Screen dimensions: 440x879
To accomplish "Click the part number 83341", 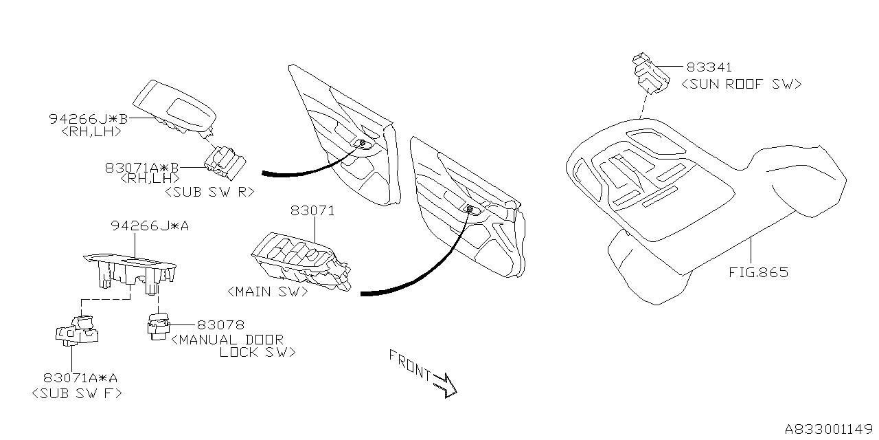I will click(709, 67).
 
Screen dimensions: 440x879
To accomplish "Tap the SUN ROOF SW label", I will click(741, 84).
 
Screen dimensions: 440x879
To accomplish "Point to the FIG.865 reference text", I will click(758, 272).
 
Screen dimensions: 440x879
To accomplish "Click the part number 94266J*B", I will click(89, 118).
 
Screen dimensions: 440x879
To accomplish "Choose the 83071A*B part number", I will click(142, 167).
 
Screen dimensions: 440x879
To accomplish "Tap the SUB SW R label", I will click(209, 192).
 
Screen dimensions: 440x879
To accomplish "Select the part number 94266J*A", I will click(150, 225).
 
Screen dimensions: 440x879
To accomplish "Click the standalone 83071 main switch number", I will click(312, 211).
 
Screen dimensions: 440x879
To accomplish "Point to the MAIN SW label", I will click(266, 291).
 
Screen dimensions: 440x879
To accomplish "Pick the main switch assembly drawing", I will click(300, 262).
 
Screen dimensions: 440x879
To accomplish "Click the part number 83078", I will click(220, 324).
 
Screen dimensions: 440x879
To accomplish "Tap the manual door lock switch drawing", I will click(158, 325).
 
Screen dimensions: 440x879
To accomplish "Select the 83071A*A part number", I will click(80, 377).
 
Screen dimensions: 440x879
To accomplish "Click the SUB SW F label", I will click(77, 393).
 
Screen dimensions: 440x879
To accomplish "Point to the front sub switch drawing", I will click(77, 329).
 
